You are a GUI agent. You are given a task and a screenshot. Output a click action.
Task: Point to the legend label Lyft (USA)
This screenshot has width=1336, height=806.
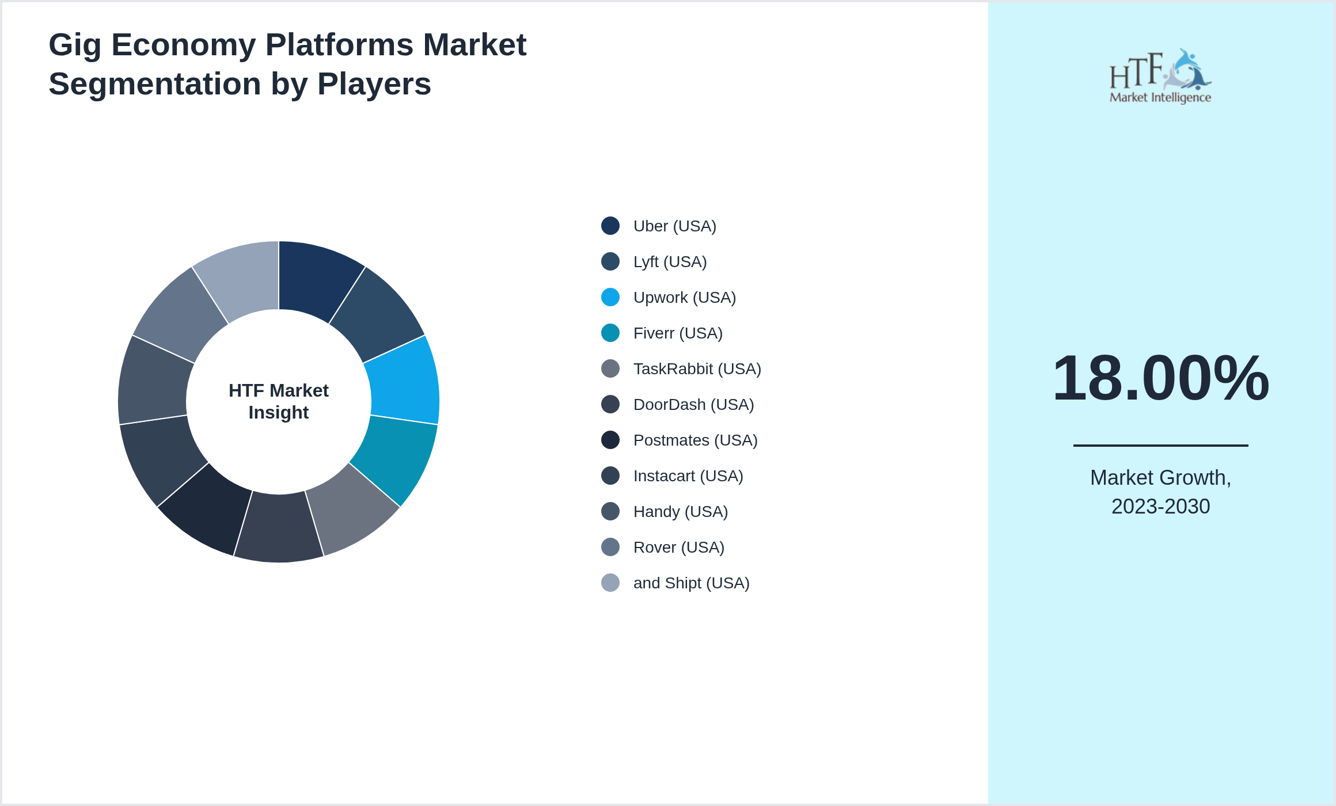coord(670,262)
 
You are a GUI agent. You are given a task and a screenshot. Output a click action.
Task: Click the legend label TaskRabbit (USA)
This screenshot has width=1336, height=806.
coord(697,369)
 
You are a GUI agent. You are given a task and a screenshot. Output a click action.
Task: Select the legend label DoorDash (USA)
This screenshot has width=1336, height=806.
coord(693,405)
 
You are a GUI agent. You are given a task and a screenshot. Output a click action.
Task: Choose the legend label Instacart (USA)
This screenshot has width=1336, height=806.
coord(688,476)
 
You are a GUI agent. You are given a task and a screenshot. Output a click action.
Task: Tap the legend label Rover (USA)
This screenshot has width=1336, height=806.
coord(678,548)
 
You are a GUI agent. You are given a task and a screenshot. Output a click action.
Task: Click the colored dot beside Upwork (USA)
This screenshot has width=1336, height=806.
coord(610,298)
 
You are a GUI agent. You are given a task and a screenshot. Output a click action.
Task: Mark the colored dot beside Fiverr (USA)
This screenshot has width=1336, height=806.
coord(610,333)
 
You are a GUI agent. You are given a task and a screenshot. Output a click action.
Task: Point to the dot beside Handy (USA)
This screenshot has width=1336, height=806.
coord(610,512)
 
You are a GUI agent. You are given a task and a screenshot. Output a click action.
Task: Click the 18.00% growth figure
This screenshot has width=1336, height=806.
coord(1160,378)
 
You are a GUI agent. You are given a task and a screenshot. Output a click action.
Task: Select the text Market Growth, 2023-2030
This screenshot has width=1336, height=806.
coord(1160,492)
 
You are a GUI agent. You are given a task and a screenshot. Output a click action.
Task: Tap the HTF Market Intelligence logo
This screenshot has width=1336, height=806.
coord(1160,77)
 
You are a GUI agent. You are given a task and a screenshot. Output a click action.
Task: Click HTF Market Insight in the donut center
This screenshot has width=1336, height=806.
coord(279,401)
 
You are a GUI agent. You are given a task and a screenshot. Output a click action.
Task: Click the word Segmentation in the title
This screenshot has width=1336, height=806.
coord(154,84)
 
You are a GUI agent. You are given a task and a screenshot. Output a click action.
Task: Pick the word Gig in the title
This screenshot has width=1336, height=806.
coord(74,45)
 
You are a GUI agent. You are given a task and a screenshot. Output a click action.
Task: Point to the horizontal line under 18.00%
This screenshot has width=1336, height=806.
coord(1160,445)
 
